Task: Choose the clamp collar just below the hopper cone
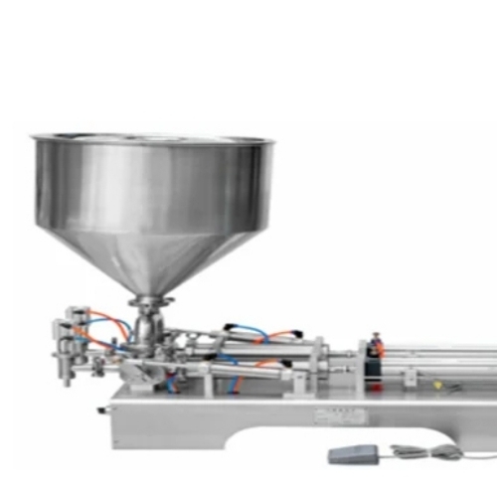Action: click(x=152, y=299)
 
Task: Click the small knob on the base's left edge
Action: click(x=102, y=409)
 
